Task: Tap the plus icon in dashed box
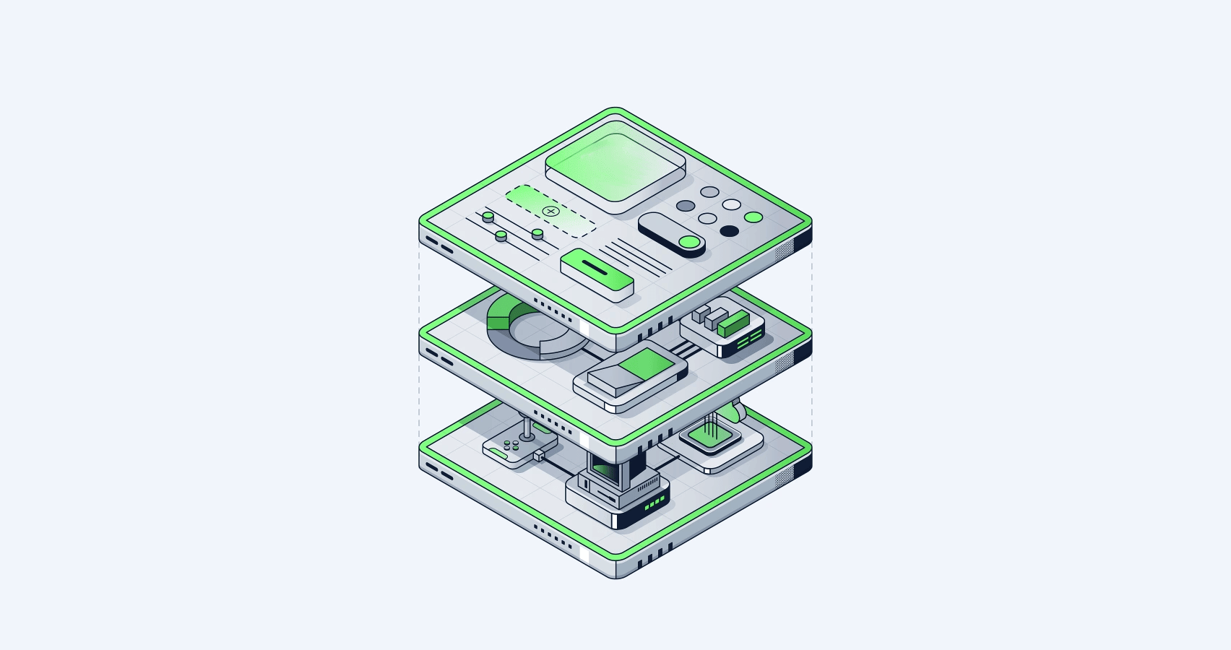click(x=551, y=212)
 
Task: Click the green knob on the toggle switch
click(x=690, y=243)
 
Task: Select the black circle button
click(x=730, y=231)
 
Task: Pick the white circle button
click(x=732, y=205)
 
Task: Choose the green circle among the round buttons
click(x=753, y=217)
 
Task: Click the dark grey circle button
click(x=686, y=206)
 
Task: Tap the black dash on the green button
click(x=596, y=269)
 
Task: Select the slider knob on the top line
click(x=488, y=216)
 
